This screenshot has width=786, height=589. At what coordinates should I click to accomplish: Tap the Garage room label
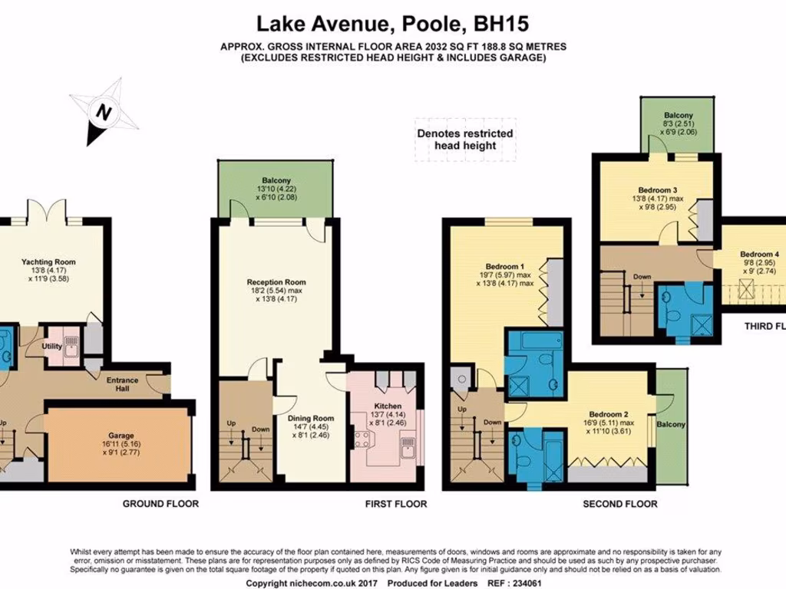tap(121, 436)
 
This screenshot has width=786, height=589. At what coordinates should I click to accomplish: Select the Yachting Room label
tap(48, 262)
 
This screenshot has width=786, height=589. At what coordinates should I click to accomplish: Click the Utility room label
tap(51, 346)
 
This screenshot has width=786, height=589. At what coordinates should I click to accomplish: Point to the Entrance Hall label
tap(122, 384)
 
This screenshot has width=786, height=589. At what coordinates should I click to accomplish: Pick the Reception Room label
tap(276, 282)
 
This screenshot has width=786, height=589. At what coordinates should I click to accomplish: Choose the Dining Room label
tap(311, 418)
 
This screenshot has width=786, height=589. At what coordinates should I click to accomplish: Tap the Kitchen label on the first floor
tap(388, 406)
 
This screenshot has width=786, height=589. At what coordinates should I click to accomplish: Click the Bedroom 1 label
tap(505, 266)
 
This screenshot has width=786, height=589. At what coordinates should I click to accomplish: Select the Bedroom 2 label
tap(609, 414)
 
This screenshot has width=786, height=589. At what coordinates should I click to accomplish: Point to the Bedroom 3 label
tap(658, 190)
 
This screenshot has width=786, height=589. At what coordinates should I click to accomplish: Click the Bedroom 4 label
tap(759, 254)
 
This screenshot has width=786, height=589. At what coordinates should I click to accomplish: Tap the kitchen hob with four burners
tap(362, 439)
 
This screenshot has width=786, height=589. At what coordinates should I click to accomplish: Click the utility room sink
tap(72, 346)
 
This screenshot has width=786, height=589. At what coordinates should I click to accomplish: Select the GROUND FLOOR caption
tap(160, 503)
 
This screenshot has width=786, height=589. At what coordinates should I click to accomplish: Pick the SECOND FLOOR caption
tap(620, 504)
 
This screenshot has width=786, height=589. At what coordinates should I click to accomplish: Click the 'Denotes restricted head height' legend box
tap(465, 140)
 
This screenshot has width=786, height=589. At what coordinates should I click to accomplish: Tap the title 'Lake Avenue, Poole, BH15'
tap(393, 24)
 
